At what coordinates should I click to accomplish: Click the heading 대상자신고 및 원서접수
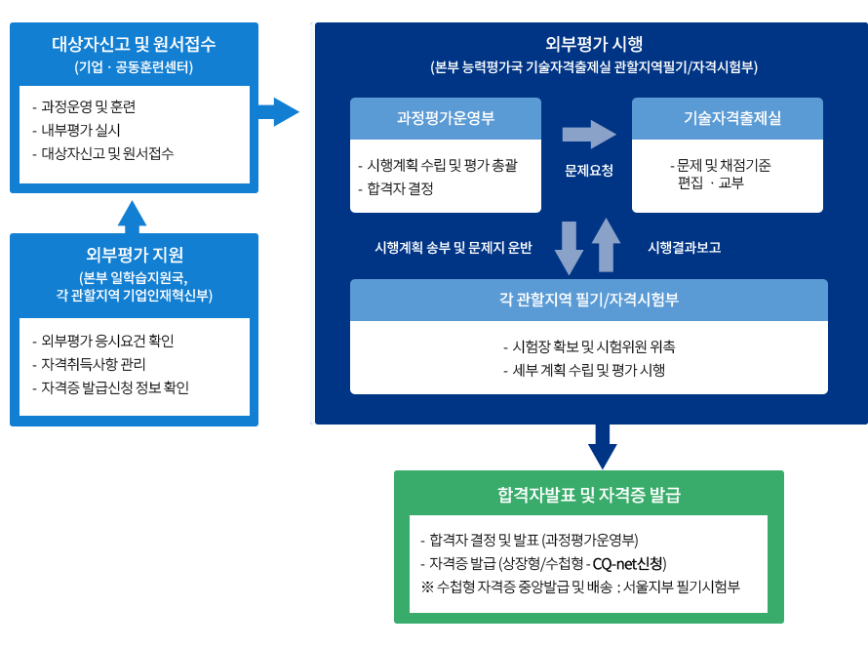point(134,44)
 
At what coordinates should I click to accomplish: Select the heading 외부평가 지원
point(135,255)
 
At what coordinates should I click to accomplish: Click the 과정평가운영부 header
point(446,118)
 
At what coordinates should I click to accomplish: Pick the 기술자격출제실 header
point(727,118)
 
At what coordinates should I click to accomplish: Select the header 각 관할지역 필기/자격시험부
point(589,300)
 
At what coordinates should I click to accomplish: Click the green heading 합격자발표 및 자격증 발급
point(588,495)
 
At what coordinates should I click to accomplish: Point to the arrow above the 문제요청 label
point(588,135)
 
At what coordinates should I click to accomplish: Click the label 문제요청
point(589,170)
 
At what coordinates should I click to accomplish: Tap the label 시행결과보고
point(684,248)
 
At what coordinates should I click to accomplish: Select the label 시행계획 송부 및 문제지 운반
point(453,248)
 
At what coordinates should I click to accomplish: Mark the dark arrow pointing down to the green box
point(602,447)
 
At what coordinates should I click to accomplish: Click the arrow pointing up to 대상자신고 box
point(133,216)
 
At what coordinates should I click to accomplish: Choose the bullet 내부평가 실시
point(81,130)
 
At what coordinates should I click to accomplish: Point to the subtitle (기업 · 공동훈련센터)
point(134,67)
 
